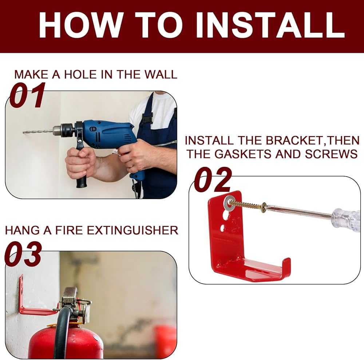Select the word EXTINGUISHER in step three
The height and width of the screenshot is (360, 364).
(132, 230)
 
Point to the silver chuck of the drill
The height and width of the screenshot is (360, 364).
(63, 130)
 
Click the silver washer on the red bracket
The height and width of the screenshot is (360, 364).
(229, 203)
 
